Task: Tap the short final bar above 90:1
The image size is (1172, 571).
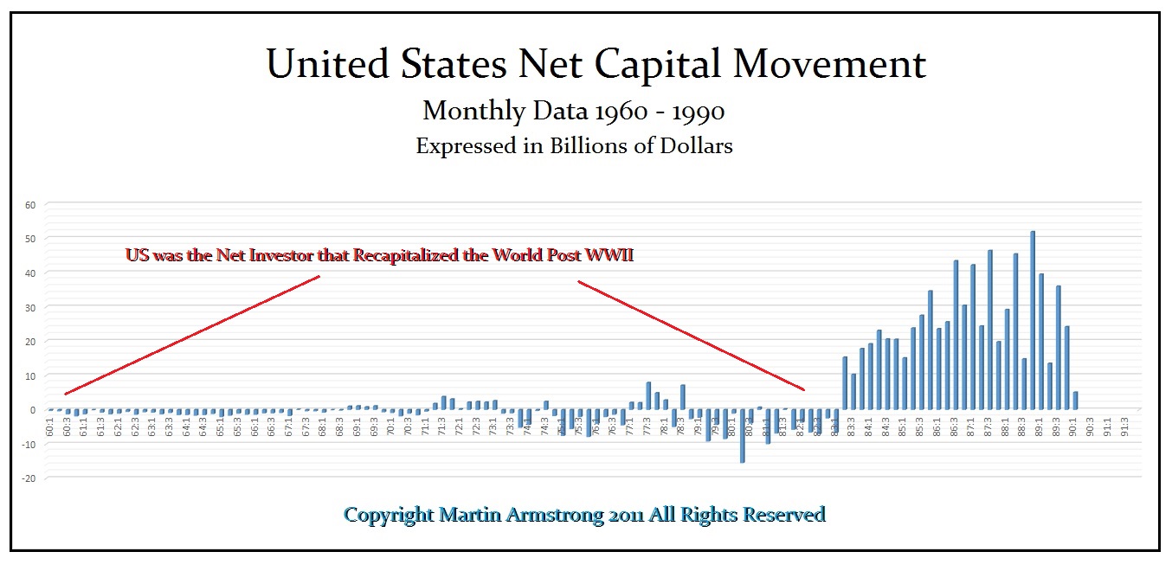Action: pyautogui.click(x=1075, y=401)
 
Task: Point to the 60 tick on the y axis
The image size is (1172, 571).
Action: pyautogui.click(x=30, y=205)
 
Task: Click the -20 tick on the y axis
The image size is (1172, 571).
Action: pyautogui.click(x=28, y=478)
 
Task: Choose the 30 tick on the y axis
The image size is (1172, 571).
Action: pyautogui.click(x=30, y=307)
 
